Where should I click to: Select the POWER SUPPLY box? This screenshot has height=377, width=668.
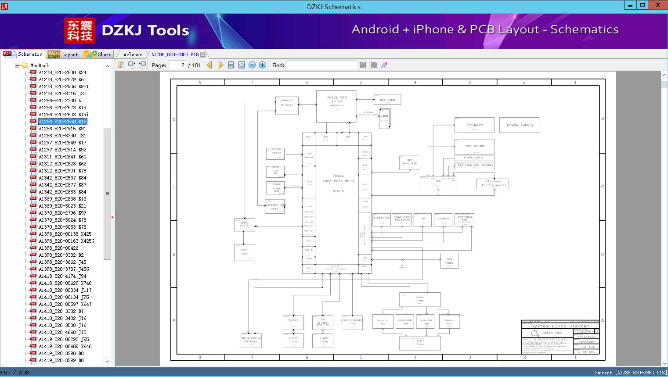519,125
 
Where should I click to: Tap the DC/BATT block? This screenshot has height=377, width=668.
474,125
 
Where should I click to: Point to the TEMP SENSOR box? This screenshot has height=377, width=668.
474,146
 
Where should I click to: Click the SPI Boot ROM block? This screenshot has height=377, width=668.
410,163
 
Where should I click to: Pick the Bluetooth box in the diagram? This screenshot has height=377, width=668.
381,219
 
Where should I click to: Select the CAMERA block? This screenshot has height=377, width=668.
444,219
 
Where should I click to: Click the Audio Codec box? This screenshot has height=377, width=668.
420,299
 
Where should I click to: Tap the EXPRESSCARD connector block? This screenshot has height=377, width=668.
352,322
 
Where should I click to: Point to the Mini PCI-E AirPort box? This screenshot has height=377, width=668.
251,341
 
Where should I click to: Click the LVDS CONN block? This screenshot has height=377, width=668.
244,252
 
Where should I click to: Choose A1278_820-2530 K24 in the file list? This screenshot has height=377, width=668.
62,72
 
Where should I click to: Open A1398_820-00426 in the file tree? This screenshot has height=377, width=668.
58,248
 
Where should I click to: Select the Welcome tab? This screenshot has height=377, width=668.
133,54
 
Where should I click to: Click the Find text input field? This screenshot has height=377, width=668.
321,65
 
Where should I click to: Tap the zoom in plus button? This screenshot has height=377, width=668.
263,65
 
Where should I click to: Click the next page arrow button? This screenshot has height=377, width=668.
220,65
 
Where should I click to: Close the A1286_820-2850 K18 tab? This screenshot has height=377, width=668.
202,54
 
